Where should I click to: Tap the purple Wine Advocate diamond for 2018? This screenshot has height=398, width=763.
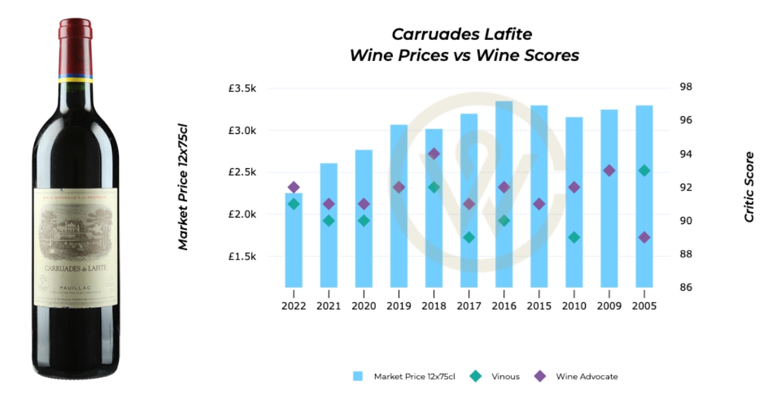click(434, 154)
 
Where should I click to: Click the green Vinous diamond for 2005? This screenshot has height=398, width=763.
click(644, 171)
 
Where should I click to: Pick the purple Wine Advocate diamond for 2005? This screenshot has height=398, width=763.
click(644, 237)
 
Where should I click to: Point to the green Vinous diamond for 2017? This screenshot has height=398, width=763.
click(469, 237)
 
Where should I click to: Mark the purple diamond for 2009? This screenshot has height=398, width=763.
click(609, 171)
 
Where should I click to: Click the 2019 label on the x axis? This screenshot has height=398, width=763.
click(399, 306)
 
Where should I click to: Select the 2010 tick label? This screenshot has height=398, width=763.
click(574, 306)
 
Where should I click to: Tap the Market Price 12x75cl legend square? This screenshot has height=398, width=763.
click(358, 376)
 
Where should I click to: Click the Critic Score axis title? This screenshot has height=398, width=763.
click(749, 187)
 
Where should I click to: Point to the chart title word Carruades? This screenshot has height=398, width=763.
click(425, 34)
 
